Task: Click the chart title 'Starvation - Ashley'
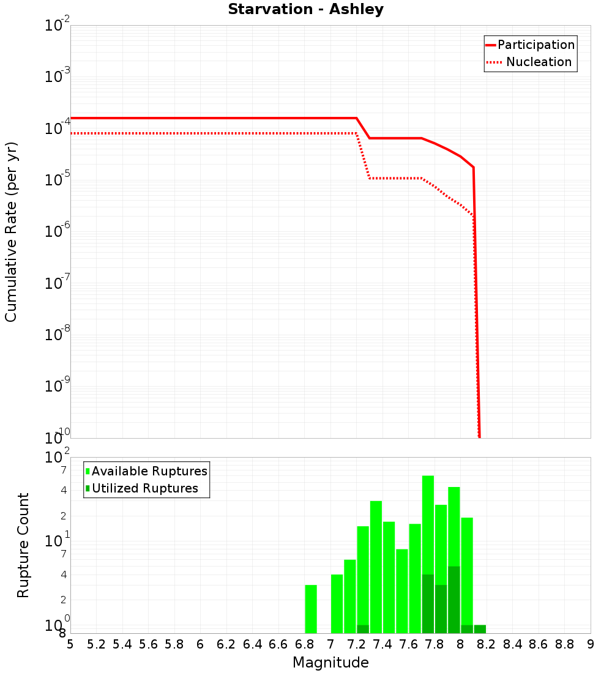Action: pyautogui.click(x=305, y=10)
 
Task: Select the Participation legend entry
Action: pyautogui.click(x=530, y=45)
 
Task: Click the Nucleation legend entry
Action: pyautogui.click(x=530, y=62)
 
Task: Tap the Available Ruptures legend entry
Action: pyautogui.click(x=147, y=471)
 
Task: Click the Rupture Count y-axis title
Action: pyautogui.click(x=23, y=545)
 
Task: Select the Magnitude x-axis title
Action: pyautogui.click(x=330, y=663)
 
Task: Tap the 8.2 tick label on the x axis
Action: pyautogui.click(x=487, y=644)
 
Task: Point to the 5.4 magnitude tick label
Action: pyautogui.click(x=122, y=644)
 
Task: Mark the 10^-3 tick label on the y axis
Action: pyautogui.click(x=58, y=76)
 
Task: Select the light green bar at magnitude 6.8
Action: pyautogui.click(x=311, y=609)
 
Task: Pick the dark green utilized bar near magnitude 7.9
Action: pyautogui.click(x=454, y=600)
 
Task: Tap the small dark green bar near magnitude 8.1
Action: pyautogui.click(x=480, y=629)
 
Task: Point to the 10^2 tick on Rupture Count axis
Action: pyautogui.click(x=58, y=458)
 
